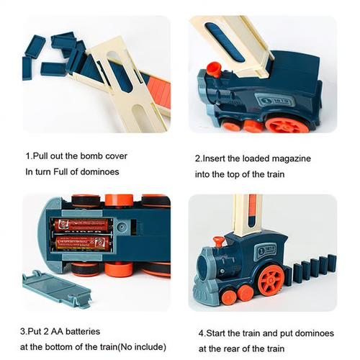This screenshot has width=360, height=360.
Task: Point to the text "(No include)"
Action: (x=143, y=347)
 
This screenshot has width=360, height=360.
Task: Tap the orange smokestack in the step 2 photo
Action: (x=215, y=69)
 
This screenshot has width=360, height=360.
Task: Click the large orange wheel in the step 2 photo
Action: (x=287, y=125)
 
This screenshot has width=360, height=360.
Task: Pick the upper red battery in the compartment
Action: (x=82, y=225)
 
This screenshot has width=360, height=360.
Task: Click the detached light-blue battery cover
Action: (x=57, y=289)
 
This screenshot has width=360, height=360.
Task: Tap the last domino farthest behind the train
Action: (x=332, y=264)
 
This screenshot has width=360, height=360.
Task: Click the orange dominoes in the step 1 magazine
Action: (x=159, y=91)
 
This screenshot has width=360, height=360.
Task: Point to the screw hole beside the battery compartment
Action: (x=122, y=227)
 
